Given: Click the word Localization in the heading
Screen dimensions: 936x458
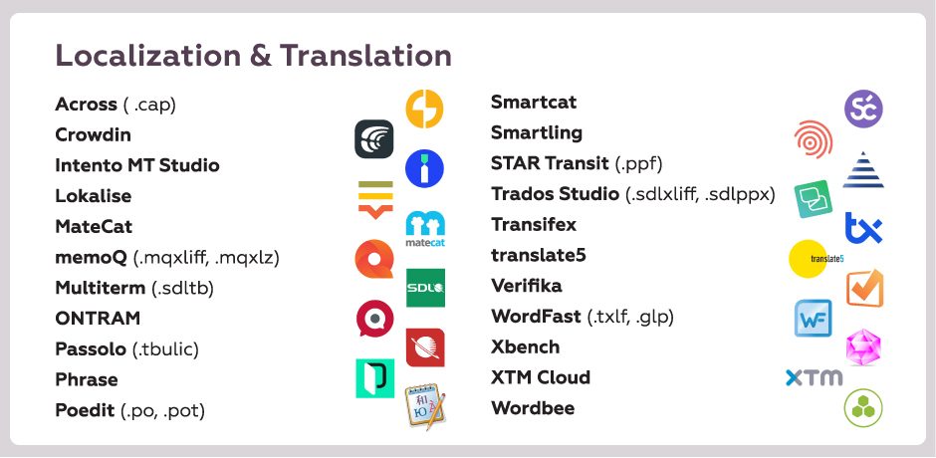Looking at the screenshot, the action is pos(148,56).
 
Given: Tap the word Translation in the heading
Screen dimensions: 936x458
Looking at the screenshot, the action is pos(365,56).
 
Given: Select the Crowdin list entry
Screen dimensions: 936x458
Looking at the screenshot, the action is pos(94,135).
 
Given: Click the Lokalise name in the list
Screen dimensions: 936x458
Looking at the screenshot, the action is pos(94,196).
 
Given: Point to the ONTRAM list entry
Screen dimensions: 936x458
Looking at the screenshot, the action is pos(98,319).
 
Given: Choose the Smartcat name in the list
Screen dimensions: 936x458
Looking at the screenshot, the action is pos(534,103).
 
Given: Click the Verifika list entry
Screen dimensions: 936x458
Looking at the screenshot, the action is pos(527,286).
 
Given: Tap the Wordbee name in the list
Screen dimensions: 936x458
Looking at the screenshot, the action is pos(533,408).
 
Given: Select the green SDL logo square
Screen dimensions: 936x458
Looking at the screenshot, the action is pos(425,288).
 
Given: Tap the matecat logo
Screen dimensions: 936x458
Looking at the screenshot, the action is pos(425,229).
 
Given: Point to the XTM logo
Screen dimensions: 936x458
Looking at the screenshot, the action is pos(815,378).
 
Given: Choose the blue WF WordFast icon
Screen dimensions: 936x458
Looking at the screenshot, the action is pos(813,319).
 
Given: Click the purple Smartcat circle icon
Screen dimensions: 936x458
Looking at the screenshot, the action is pos(863,109).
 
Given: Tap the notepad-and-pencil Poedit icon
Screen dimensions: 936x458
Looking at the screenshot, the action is pos(425,406).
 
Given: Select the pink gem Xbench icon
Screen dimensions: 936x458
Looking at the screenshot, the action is pos(863,346).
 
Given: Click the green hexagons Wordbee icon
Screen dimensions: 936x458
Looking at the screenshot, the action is pos(863,408).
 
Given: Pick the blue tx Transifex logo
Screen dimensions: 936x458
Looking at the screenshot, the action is pos(863,228).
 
